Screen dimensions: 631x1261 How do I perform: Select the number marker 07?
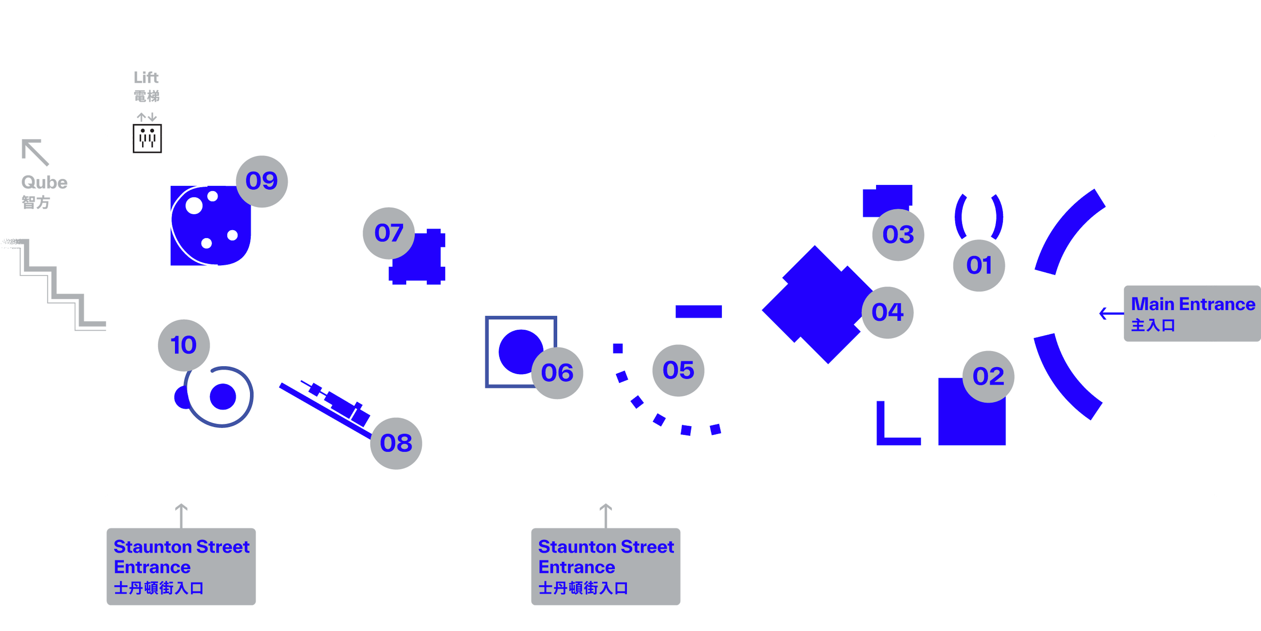tap(389, 233)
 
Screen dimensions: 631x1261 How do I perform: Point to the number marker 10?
tap(184, 345)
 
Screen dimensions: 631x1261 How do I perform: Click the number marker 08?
tap(396, 443)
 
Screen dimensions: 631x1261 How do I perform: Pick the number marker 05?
tap(678, 370)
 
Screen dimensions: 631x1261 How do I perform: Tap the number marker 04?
tap(888, 313)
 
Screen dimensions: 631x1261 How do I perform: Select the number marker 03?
tap(898, 235)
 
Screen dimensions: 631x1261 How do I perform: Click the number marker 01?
tap(979, 266)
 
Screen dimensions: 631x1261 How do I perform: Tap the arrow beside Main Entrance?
tap(1111, 313)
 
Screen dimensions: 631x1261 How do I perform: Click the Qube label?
tap(44, 182)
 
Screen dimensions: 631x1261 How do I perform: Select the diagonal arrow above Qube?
tap(35, 152)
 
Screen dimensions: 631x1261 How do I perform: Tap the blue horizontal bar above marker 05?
tap(698, 312)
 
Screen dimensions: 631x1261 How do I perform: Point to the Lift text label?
tap(146, 78)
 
